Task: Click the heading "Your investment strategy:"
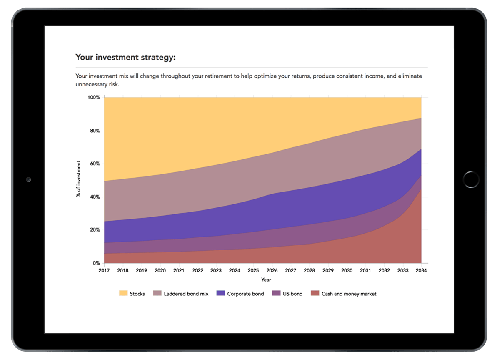coord(125,57)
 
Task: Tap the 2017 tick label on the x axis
coord(104,270)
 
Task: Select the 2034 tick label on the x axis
coord(421,270)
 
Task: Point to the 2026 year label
coord(272,270)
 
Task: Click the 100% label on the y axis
coord(93,98)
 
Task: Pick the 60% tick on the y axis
coord(95,164)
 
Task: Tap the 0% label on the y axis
coord(96,263)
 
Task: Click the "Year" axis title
coord(266,280)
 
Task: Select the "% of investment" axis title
coord(78,179)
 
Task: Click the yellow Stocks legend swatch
coord(123,294)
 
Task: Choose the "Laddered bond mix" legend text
coord(186,294)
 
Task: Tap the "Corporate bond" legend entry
coord(245,294)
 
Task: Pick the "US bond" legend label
coord(292,294)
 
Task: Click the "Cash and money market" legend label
coord(349,294)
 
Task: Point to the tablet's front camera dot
coord(28,179)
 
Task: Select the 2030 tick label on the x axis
coord(347,270)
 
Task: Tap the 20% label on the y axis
coord(95,230)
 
